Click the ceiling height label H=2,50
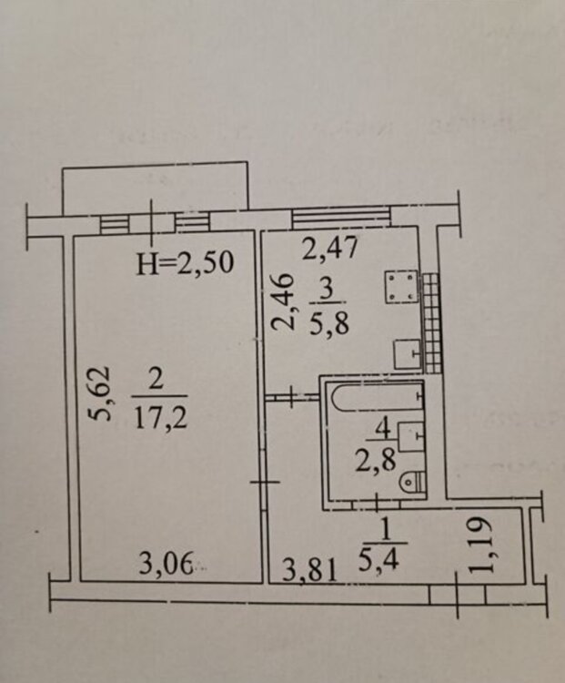tap(185, 262)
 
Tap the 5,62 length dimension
tap(100, 393)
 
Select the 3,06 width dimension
tap(166, 566)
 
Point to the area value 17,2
tap(160, 417)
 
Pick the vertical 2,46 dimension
tap(282, 301)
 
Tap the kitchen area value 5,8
tap(328, 322)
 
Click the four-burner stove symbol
tap(401, 287)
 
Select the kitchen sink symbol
tap(408, 353)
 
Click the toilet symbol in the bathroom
tap(412, 482)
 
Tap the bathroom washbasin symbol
tap(411, 435)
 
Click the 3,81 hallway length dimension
tap(309, 571)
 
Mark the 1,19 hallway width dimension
tap(483, 545)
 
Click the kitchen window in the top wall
tap(341, 217)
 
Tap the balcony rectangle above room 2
tap(156, 189)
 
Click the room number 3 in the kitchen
tap(328, 288)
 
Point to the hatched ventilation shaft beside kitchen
tap(432, 322)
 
